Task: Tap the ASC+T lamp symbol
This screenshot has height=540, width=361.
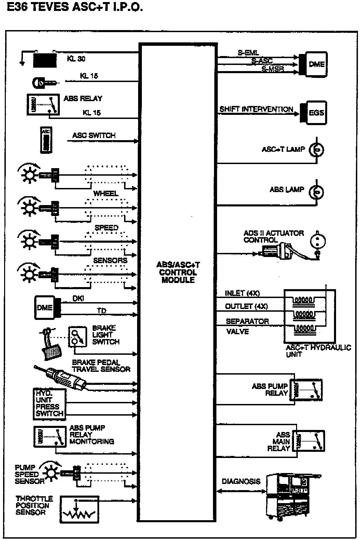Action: (x=316, y=149)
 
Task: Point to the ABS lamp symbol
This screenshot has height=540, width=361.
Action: (x=316, y=192)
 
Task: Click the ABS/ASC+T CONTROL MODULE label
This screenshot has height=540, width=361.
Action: (x=178, y=272)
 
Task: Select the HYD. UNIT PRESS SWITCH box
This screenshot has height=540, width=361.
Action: (x=49, y=404)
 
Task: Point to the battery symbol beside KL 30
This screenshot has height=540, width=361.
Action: (x=44, y=60)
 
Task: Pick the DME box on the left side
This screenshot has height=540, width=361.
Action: (x=45, y=307)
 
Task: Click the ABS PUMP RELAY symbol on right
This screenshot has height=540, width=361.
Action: (x=306, y=390)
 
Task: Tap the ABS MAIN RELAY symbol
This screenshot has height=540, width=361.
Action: (x=310, y=441)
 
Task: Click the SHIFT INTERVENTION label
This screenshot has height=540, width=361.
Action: (x=256, y=109)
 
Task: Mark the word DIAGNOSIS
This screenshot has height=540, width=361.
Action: (x=241, y=482)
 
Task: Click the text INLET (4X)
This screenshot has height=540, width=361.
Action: (x=242, y=293)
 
